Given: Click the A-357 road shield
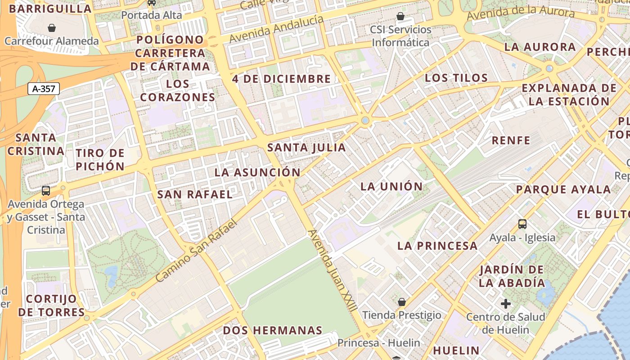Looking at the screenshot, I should [44, 89].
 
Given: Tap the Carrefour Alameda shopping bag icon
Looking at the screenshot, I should [52, 28].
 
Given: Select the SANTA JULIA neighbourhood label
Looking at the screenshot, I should [306, 148].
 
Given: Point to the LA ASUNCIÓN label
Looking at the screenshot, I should [257, 172].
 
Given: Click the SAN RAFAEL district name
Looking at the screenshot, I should [195, 194].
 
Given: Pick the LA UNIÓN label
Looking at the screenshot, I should [391, 186].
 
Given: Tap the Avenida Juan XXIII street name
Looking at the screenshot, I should [333, 270].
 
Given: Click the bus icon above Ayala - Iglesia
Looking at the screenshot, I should [522, 224].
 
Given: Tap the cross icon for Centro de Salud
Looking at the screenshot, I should [506, 304].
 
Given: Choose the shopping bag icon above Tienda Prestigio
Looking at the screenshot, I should [401, 301].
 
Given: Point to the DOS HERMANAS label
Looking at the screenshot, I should [273, 331].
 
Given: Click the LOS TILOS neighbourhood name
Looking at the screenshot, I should [456, 78].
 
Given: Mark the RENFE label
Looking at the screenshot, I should [511, 140].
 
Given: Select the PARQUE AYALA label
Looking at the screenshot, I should [563, 189].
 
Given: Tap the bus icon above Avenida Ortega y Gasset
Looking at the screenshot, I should [46, 190].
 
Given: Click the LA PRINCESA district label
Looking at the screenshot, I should [437, 246].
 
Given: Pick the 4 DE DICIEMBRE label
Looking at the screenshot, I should [281, 79].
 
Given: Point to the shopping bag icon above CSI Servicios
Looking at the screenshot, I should [400, 17].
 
